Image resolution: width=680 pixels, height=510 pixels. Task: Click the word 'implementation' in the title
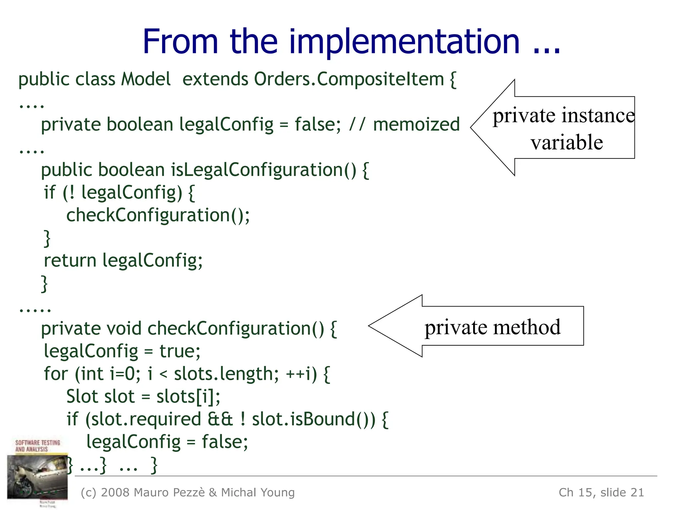click(x=404, y=42)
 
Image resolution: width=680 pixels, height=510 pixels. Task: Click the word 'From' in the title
click(x=180, y=42)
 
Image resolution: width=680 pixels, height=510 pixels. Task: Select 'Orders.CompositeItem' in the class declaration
click(x=349, y=79)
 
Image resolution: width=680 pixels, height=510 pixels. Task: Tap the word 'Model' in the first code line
click(x=146, y=79)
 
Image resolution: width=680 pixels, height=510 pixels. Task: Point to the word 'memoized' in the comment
click(x=416, y=125)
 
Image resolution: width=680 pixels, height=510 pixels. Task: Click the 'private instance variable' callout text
click(x=564, y=129)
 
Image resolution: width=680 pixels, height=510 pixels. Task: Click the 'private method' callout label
click(x=492, y=327)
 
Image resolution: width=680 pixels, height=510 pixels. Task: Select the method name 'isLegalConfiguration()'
click(x=264, y=170)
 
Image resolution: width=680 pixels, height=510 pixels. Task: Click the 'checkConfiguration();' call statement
click(x=158, y=215)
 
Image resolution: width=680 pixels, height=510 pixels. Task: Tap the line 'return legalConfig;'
click(x=123, y=261)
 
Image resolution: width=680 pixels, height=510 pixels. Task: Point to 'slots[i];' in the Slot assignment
click(x=188, y=397)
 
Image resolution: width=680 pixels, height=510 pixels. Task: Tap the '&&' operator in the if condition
click(x=220, y=419)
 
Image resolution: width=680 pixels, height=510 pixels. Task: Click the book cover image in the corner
click(x=37, y=473)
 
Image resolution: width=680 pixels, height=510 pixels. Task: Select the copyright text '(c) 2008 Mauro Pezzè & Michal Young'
click(x=188, y=492)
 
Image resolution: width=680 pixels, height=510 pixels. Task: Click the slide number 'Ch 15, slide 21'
click(x=601, y=492)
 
